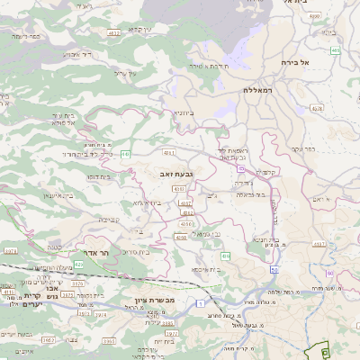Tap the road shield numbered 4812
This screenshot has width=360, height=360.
coord(114,32)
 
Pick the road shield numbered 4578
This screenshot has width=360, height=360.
coord(316,109)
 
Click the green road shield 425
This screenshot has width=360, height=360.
coord(79,265)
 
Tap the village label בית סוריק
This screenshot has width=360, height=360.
coord(132,252)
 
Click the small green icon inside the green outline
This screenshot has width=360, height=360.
coord(325,353)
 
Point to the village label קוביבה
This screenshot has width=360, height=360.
coord(109,219)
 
